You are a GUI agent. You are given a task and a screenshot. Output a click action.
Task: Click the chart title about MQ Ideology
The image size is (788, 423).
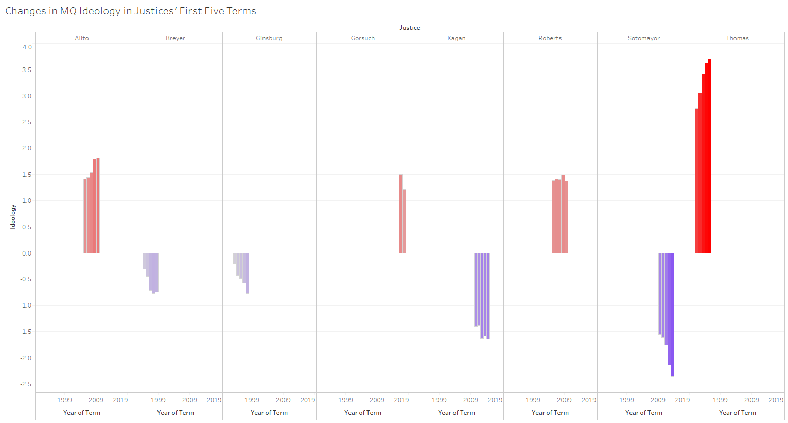coord(131,11)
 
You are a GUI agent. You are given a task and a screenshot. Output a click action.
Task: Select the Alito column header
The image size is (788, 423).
coord(82,38)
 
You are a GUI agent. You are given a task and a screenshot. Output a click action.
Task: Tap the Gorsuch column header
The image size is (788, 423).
coord(363,38)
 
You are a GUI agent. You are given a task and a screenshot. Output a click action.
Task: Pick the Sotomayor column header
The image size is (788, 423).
coord(643,38)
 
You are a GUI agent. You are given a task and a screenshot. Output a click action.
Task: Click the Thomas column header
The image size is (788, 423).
coord(737,38)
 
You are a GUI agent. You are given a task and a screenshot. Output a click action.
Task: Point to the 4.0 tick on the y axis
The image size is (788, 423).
coord(27,47)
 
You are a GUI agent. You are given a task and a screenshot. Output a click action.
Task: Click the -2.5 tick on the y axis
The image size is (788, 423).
coord(26,384)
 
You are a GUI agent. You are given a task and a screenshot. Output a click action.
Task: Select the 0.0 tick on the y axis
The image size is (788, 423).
coord(27,253)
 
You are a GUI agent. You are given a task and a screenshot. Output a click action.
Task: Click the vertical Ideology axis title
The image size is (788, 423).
coord(13,216)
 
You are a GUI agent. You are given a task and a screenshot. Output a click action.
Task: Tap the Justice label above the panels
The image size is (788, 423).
coord(410,28)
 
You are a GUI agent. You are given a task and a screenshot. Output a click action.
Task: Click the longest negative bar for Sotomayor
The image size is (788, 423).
coord(672,314)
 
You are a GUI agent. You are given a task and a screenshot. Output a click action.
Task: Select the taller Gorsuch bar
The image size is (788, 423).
coord(401,214)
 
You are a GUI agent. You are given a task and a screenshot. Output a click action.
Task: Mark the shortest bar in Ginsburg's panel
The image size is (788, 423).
coord(235,259)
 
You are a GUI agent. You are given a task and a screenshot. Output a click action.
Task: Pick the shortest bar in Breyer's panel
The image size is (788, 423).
coord(144,261)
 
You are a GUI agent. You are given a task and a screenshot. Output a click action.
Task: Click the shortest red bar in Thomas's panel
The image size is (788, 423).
coord(696,181)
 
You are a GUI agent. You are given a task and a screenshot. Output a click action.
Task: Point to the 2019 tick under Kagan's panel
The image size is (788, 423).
coord(495,400)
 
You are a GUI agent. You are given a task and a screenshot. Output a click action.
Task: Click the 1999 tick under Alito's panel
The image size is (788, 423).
coord(64,400)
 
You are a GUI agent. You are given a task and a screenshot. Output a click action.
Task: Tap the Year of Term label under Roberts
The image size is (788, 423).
coord(550,413)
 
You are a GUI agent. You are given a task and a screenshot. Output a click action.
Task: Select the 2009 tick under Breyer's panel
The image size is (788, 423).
coord(189,400)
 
